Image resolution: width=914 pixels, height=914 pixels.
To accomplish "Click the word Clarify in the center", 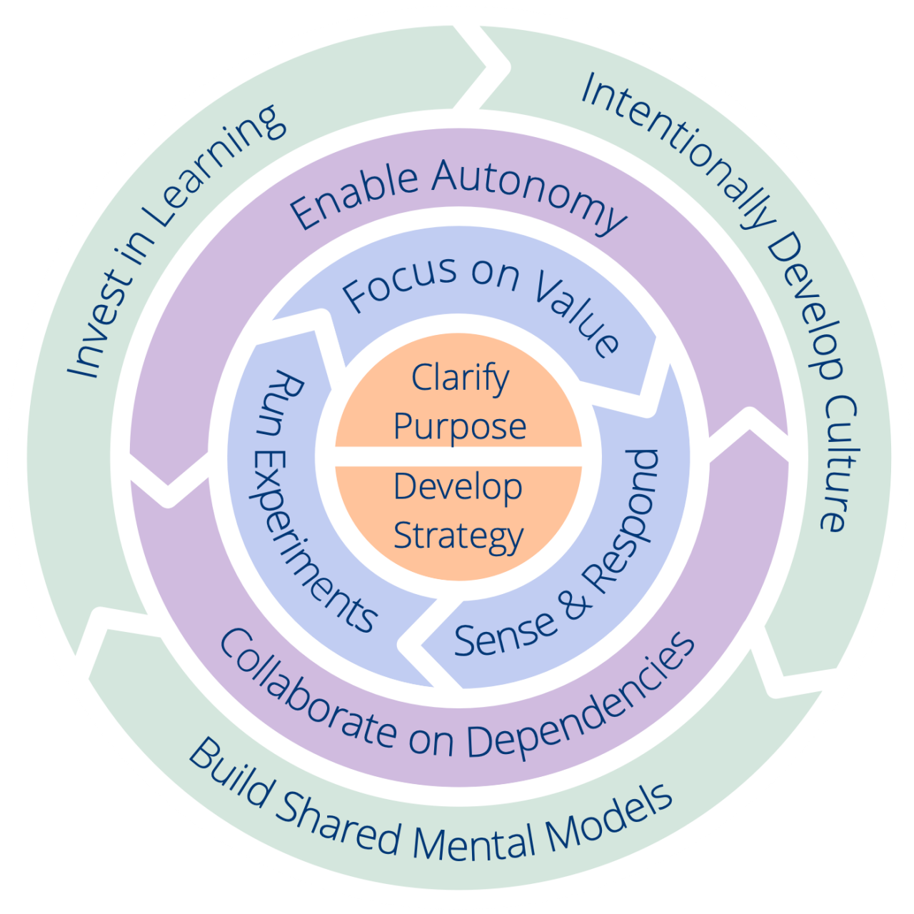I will point(460,378).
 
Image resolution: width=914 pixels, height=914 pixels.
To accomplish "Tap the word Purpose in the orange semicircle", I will point(460,427).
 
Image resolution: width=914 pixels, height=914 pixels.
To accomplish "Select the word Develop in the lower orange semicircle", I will point(458,487).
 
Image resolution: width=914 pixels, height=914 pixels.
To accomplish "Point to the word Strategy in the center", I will point(458,536).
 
